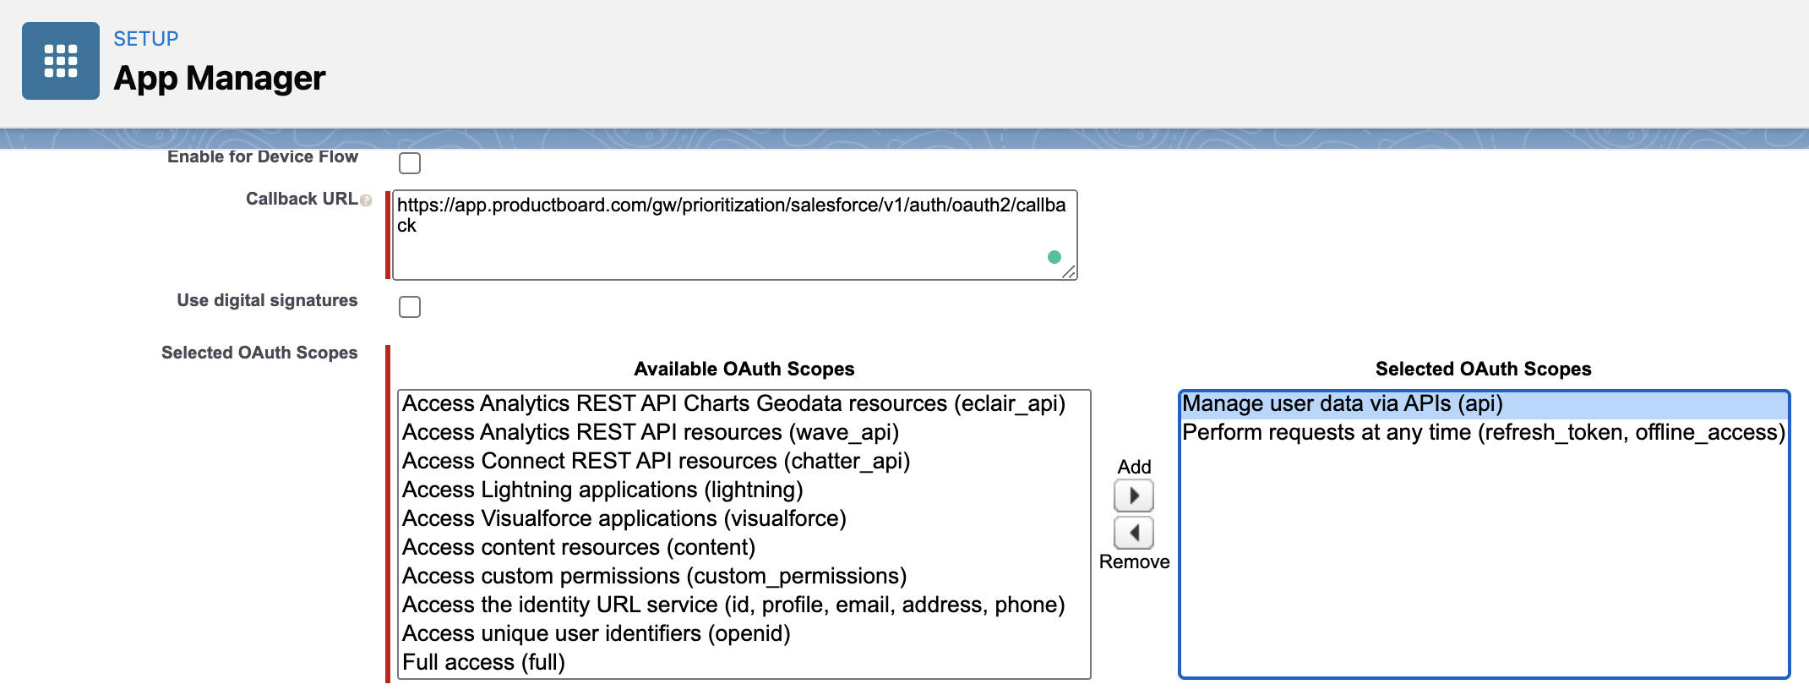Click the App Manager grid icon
(x=61, y=61)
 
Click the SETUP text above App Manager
(x=146, y=39)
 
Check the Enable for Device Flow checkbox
(x=410, y=162)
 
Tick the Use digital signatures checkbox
(x=410, y=306)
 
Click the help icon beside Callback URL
(x=366, y=200)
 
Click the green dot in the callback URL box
(x=1054, y=257)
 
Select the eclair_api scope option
(x=733, y=403)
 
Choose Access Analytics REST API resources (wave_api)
(x=651, y=432)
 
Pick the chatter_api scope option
(x=656, y=461)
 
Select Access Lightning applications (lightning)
(x=602, y=490)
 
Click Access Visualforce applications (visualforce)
(x=624, y=518)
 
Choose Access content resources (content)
(x=579, y=547)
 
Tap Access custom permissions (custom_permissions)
(x=654, y=576)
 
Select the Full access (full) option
(x=483, y=662)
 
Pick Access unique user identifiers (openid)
(x=596, y=633)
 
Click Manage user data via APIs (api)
(x=1343, y=403)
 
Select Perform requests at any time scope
(x=1484, y=432)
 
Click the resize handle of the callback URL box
(x=1069, y=271)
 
